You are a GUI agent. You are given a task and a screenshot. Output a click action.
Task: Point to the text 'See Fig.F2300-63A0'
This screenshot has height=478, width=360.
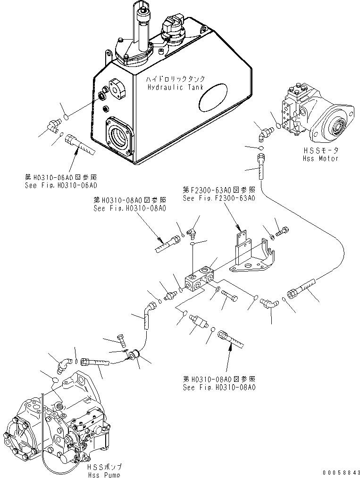point(219,198)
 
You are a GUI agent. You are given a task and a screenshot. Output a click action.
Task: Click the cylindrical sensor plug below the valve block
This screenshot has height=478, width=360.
point(200,322)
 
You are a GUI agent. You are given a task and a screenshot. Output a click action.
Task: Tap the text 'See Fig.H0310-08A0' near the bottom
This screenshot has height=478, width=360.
point(219,387)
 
